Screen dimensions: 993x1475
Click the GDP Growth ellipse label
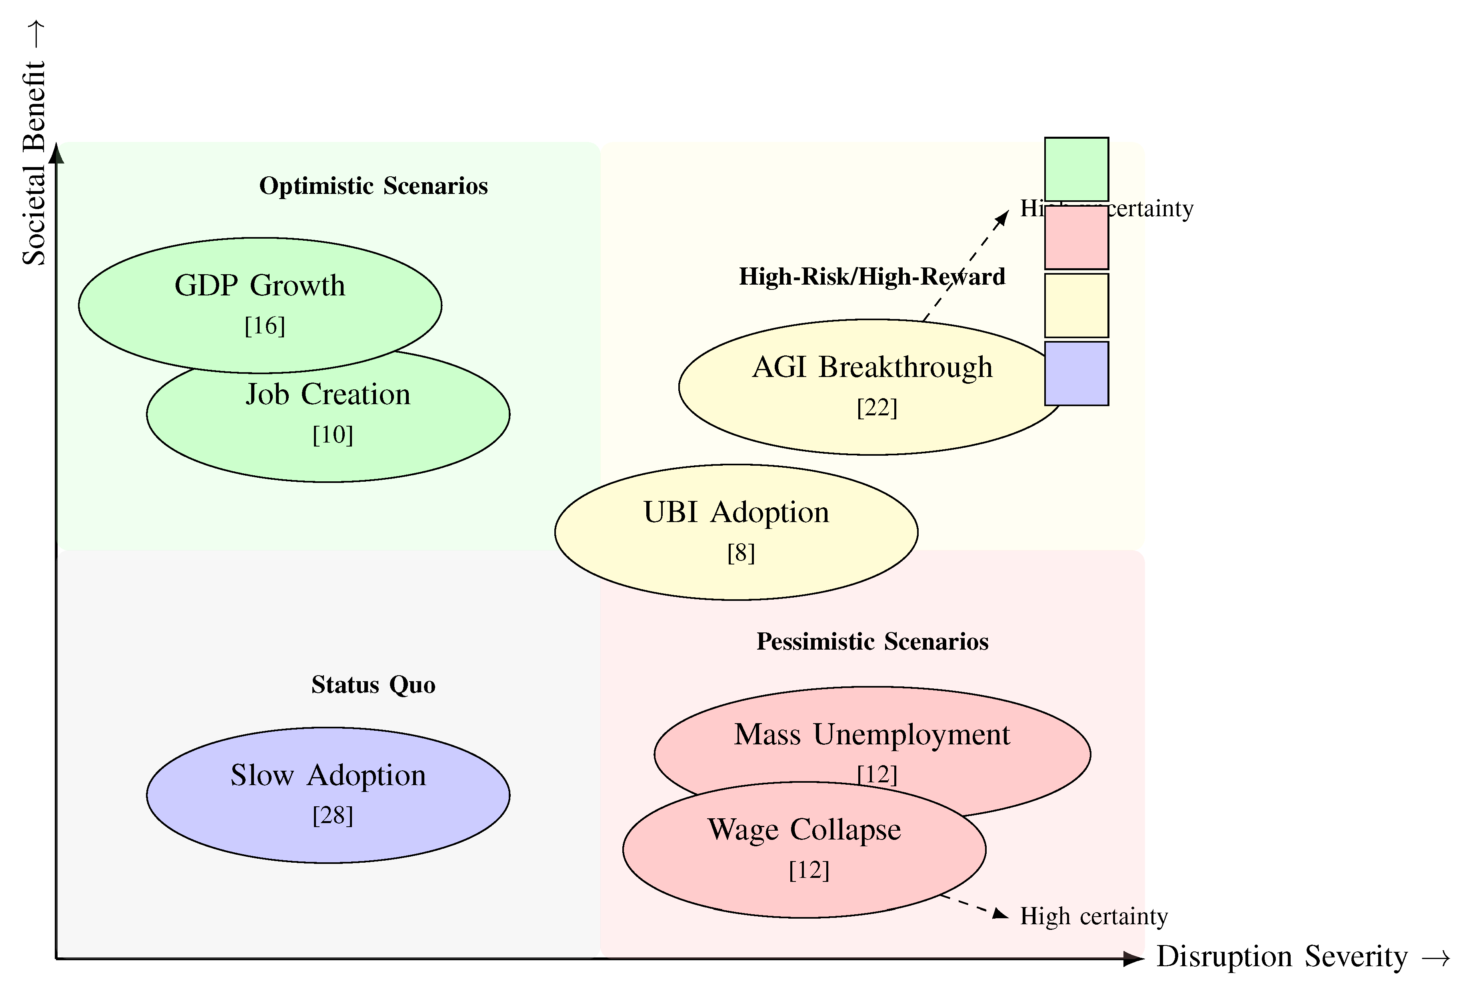260,285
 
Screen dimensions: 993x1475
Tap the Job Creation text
328,395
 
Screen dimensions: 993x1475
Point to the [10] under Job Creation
333,435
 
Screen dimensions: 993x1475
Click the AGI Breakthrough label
872,367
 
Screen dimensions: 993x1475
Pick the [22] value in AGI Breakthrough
877,407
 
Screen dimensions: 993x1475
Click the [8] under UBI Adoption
741,553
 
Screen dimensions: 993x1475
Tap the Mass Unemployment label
872,735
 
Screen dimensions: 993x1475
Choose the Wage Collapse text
804,829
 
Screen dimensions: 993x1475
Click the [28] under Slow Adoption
333,815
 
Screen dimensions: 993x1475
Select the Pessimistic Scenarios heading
872,642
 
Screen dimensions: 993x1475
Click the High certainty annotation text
1093,916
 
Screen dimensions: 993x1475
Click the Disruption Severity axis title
1302,957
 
